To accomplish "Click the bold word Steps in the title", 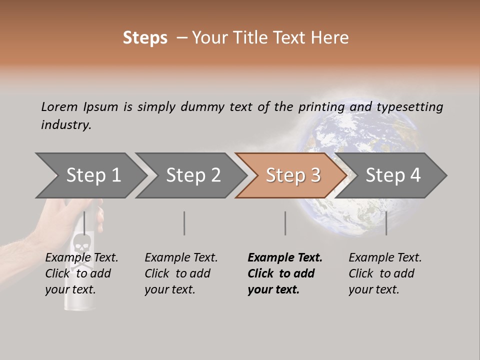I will [145, 38].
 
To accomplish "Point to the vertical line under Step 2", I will [184, 223].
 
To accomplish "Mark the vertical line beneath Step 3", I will [285, 223].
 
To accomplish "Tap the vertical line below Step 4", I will [386, 223].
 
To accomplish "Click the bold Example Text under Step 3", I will [285, 258].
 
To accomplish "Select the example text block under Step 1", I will [81, 273].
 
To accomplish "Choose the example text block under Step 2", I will [181, 273].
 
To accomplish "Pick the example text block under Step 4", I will [385, 273].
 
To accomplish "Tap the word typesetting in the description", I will [409, 107].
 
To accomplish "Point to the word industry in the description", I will [66, 125].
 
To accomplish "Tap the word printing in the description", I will [321, 107].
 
